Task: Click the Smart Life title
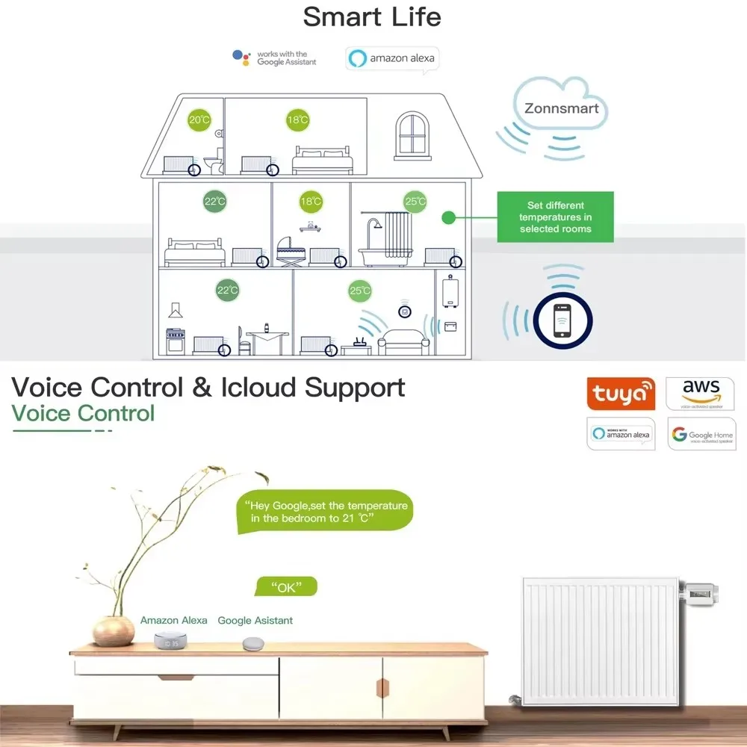click(x=372, y=16)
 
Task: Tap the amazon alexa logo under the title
click(x=392, y=58)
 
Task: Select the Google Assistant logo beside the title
click(x=275, y=58)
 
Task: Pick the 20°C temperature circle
click(x=199, y=120)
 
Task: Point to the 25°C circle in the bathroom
click(x=415, y=201)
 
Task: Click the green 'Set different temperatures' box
click(x=555, y=217)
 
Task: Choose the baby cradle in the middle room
click(x=291, y=250)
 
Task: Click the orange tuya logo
click(x=620, y=394)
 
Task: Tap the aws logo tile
click(x=701, y=394)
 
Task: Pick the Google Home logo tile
click(x=701, y=434)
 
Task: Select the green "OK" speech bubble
click(x=286, y=587)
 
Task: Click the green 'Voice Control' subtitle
click(x=83, y=413)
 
